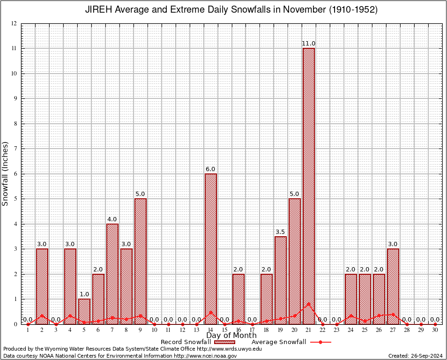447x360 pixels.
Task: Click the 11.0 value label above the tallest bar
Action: coord(309,44)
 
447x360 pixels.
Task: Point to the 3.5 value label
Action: coord(281,232)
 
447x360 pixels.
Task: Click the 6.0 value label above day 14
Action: coord(211,169)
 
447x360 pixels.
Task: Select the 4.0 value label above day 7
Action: coord(112,219)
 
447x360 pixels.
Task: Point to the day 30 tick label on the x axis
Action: coord(435,330)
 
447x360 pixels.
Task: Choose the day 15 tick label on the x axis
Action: coord(224,330)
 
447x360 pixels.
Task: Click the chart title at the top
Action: coord(231,10)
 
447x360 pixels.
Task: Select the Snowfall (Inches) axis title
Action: coord(5,173)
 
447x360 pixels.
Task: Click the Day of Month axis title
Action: coord(231,336)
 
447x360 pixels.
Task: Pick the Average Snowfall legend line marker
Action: coord(320,342)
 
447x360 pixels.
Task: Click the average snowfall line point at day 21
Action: coord(309,304)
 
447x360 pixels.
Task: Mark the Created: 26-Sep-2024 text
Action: coord(416,356)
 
